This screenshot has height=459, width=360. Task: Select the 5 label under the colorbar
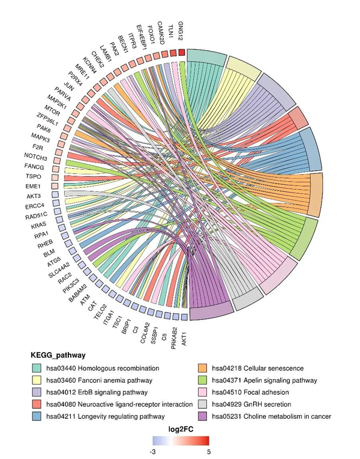pyautogui.click(x=208, y=452)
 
